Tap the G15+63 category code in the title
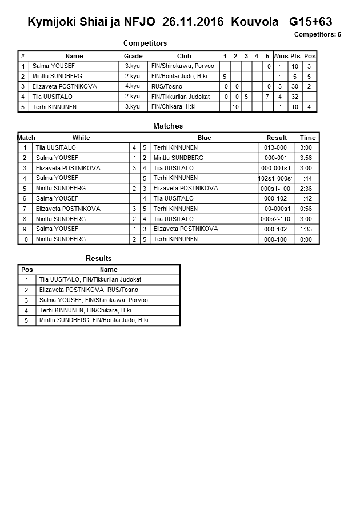(x=311, y=22)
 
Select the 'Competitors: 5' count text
(x=318, y=34)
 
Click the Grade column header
(x=133, y=56)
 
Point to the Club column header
(x=184, y=56)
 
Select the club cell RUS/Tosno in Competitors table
(x=167, y=86)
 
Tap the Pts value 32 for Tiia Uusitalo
(x=295, y=97)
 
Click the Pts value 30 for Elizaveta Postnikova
(x=295, y=86)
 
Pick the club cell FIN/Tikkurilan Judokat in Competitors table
(x=181, y=97)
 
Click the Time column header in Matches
(x=307, y=138)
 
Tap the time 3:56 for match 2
(x=306, y=158)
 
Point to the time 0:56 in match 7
(x=306, y=209)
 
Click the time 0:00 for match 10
(x=306, y=239)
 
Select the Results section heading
(x=98, y=259)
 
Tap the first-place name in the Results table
(x=90, y=280)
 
